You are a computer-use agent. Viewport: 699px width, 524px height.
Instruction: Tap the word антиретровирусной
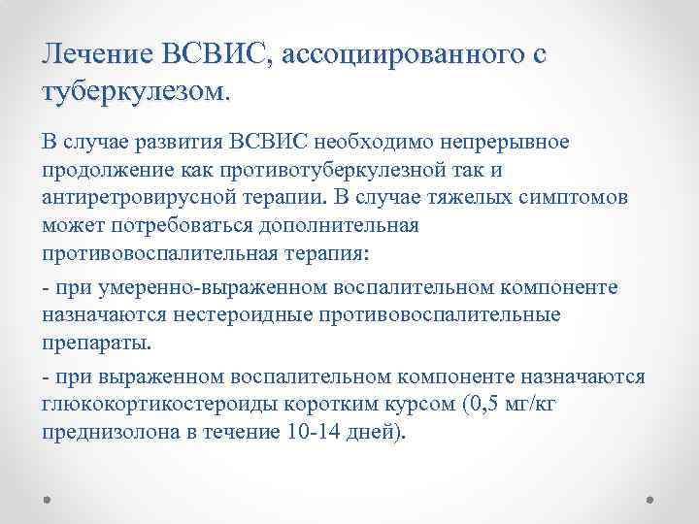pos(130,199)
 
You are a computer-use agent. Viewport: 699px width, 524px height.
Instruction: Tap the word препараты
pos(96,343)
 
